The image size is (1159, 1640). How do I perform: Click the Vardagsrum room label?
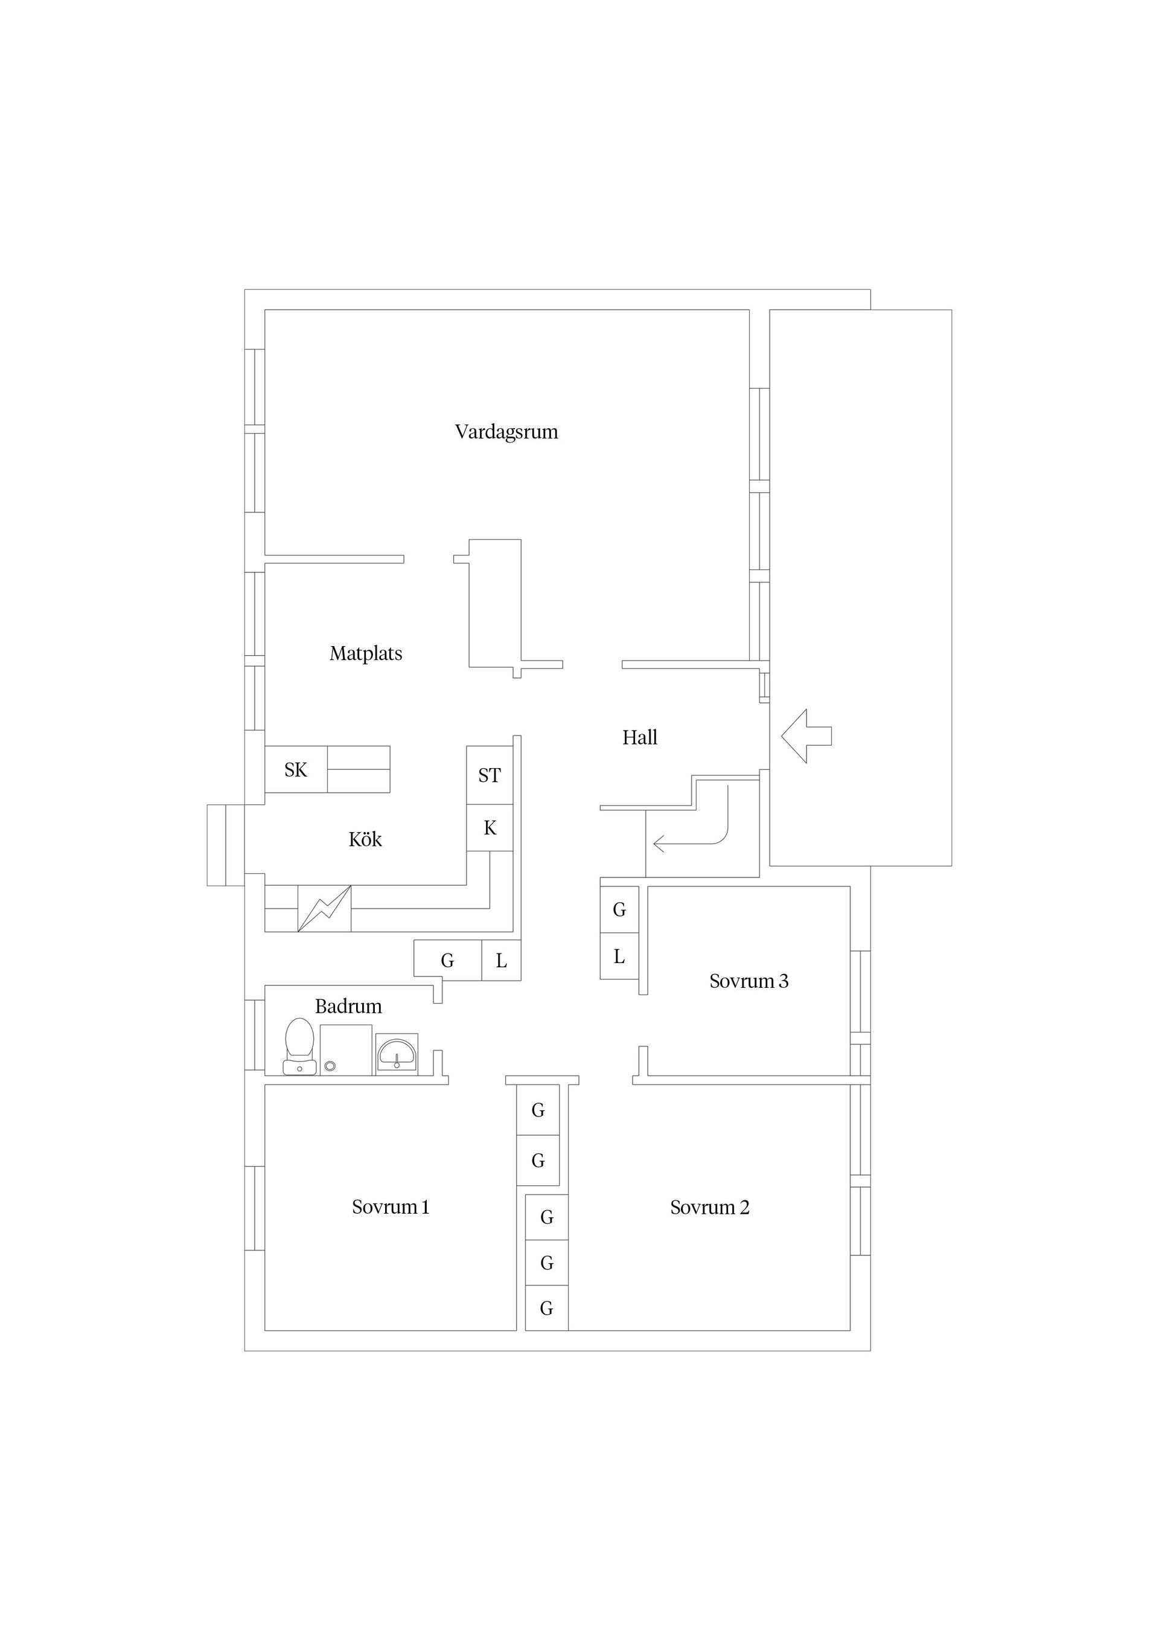point(506,432)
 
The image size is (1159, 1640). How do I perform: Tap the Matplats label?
point(366,653)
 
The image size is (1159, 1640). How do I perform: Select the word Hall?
point(640,737)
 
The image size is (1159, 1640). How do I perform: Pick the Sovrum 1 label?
point(391,1206)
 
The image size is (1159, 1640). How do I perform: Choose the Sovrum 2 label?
point(710,1207)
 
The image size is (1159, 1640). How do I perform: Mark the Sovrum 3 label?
point(749,981)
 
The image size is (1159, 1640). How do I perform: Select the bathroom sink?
point(397,1054)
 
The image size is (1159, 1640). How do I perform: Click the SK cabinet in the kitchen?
point(296,769)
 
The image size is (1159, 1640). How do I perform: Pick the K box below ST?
point(490,828)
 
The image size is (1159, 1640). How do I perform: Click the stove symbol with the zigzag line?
point(324,909)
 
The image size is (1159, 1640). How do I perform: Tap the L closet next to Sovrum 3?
point(619,956)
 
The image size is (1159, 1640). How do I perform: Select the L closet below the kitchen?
point(501,961)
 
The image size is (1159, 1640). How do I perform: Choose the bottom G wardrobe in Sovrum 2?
point(547,1308)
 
